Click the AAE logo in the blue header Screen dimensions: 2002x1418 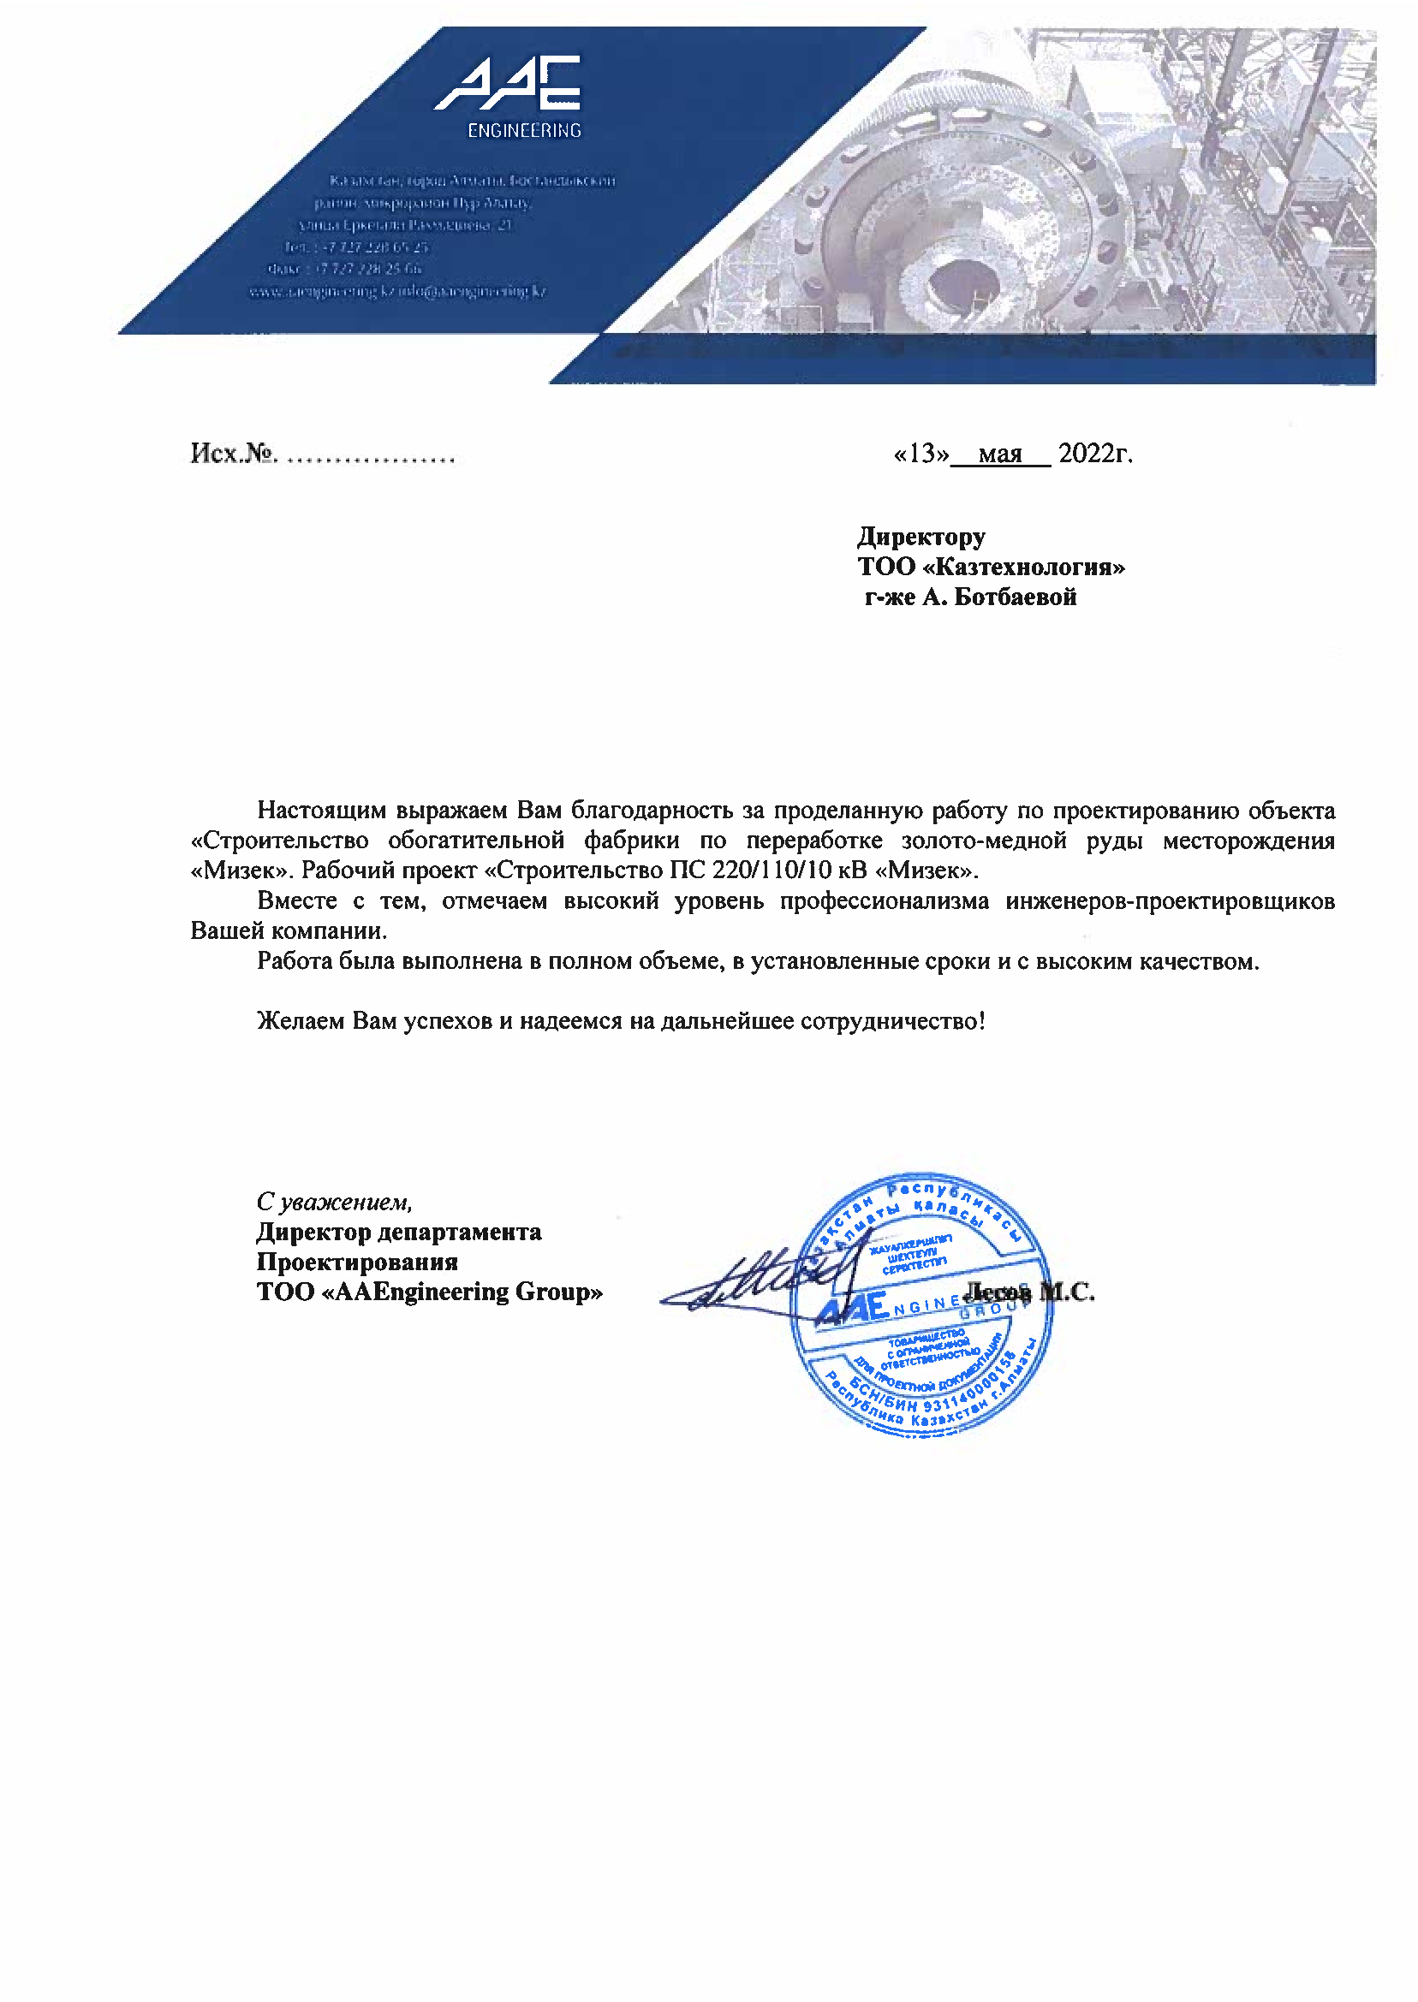point(507,84)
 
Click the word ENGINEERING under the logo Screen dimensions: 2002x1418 point(524,131)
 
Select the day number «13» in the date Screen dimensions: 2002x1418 point(921,453)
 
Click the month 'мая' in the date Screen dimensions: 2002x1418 point(1000,454)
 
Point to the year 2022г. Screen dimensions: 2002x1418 point(1095,453)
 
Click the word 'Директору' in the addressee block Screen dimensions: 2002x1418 point(921,536)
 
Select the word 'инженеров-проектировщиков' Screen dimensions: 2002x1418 point(1170,900)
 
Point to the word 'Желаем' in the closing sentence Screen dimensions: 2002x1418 point(301,1020)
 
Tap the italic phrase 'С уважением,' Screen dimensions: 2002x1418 point(335,1202)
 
